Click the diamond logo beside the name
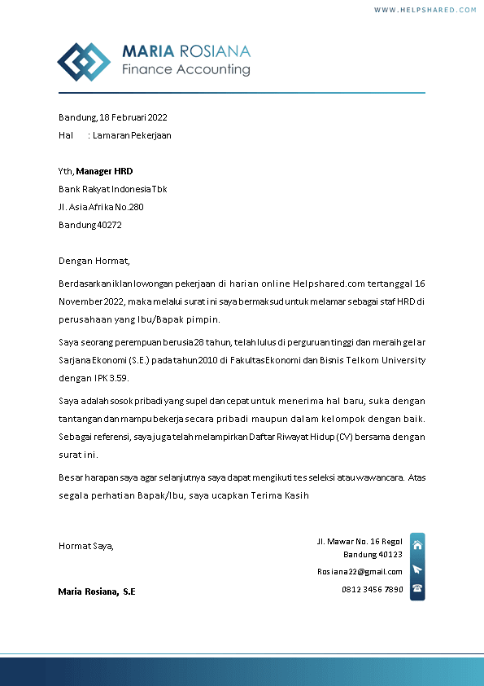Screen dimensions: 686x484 click(x=83, y=62)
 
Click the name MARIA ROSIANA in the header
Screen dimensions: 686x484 click(x=186, y=51)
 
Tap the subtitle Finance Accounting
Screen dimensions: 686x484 click(x=185, y=69)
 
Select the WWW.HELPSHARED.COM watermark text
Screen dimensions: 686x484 click(x=425, y=10)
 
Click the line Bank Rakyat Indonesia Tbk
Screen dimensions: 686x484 click(x=113, y=189)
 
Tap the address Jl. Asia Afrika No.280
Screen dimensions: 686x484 click(x=101, y=207)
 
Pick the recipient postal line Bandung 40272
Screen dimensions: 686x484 click(x=89, y=225)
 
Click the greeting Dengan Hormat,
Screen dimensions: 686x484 click(x=94, y=262)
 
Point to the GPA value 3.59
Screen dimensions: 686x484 click(x=118, y=378)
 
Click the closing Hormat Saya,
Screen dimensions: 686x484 click(x=86, y=546)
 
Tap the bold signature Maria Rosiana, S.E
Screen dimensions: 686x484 click(x=97, y=591)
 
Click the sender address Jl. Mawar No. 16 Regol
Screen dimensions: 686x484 click(x=360, y=542)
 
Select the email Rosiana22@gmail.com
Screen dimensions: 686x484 click(x=360, y=571)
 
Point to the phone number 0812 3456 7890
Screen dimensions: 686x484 click(x=372, y=589)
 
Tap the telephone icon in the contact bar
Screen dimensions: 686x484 click(x=417, y=588)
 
